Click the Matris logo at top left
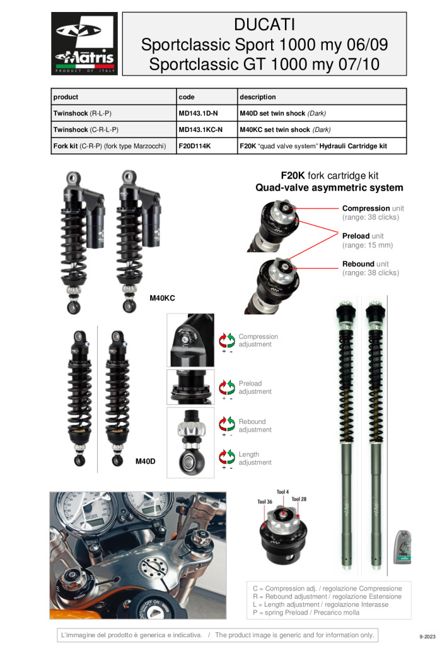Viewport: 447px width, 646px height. (84, 44)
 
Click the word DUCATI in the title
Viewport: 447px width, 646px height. (264, 25)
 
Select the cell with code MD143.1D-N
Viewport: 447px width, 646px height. (207, 113)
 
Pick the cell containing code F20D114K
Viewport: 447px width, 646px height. (207, 146)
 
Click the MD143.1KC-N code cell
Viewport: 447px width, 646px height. (207, 129)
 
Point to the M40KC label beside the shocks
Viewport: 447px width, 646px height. (162, 298)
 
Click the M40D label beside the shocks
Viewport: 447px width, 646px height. (145, 461)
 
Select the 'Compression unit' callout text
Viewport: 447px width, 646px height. (373, 208)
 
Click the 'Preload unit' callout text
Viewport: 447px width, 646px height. (363, 236)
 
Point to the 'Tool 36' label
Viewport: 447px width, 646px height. (265, 502)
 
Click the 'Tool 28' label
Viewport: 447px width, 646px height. (299, 499)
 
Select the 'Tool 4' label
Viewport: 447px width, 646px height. (283, 492)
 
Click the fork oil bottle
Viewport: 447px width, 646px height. (403, 547)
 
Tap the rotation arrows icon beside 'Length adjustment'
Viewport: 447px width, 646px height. (227, 457)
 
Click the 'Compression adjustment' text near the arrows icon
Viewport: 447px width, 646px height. (258, 340)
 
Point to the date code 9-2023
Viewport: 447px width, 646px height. (427, 637)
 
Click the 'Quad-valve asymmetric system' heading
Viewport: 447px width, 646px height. (329, 188)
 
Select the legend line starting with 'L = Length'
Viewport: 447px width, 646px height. (321, 604)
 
